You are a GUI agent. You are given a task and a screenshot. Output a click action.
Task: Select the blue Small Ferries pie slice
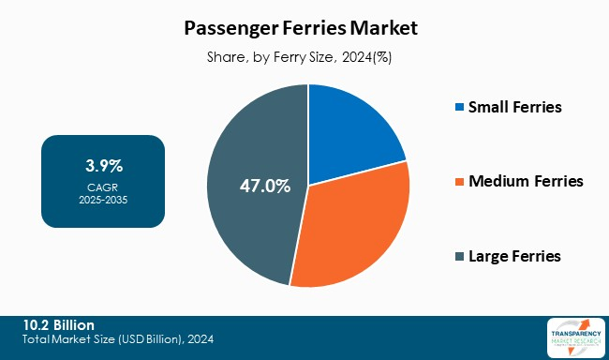click(x=351, y=136)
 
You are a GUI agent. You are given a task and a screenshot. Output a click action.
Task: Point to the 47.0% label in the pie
click(x=264, y=186)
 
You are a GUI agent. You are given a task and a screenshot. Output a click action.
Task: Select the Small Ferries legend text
click(x=515, y=107)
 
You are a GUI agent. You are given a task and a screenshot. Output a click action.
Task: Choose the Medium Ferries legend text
click(x=527, y=181)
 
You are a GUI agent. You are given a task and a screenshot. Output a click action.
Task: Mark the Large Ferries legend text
click(x=515, y=256)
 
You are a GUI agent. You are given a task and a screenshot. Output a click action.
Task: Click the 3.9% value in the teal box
click(x=104, y=166)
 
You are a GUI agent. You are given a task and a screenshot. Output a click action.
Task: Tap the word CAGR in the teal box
click(x=104, y=187)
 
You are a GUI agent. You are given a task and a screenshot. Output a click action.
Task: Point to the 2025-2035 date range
click(x=104, y=200)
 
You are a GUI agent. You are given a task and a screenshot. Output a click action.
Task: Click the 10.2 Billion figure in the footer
click(x=60, y=324)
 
